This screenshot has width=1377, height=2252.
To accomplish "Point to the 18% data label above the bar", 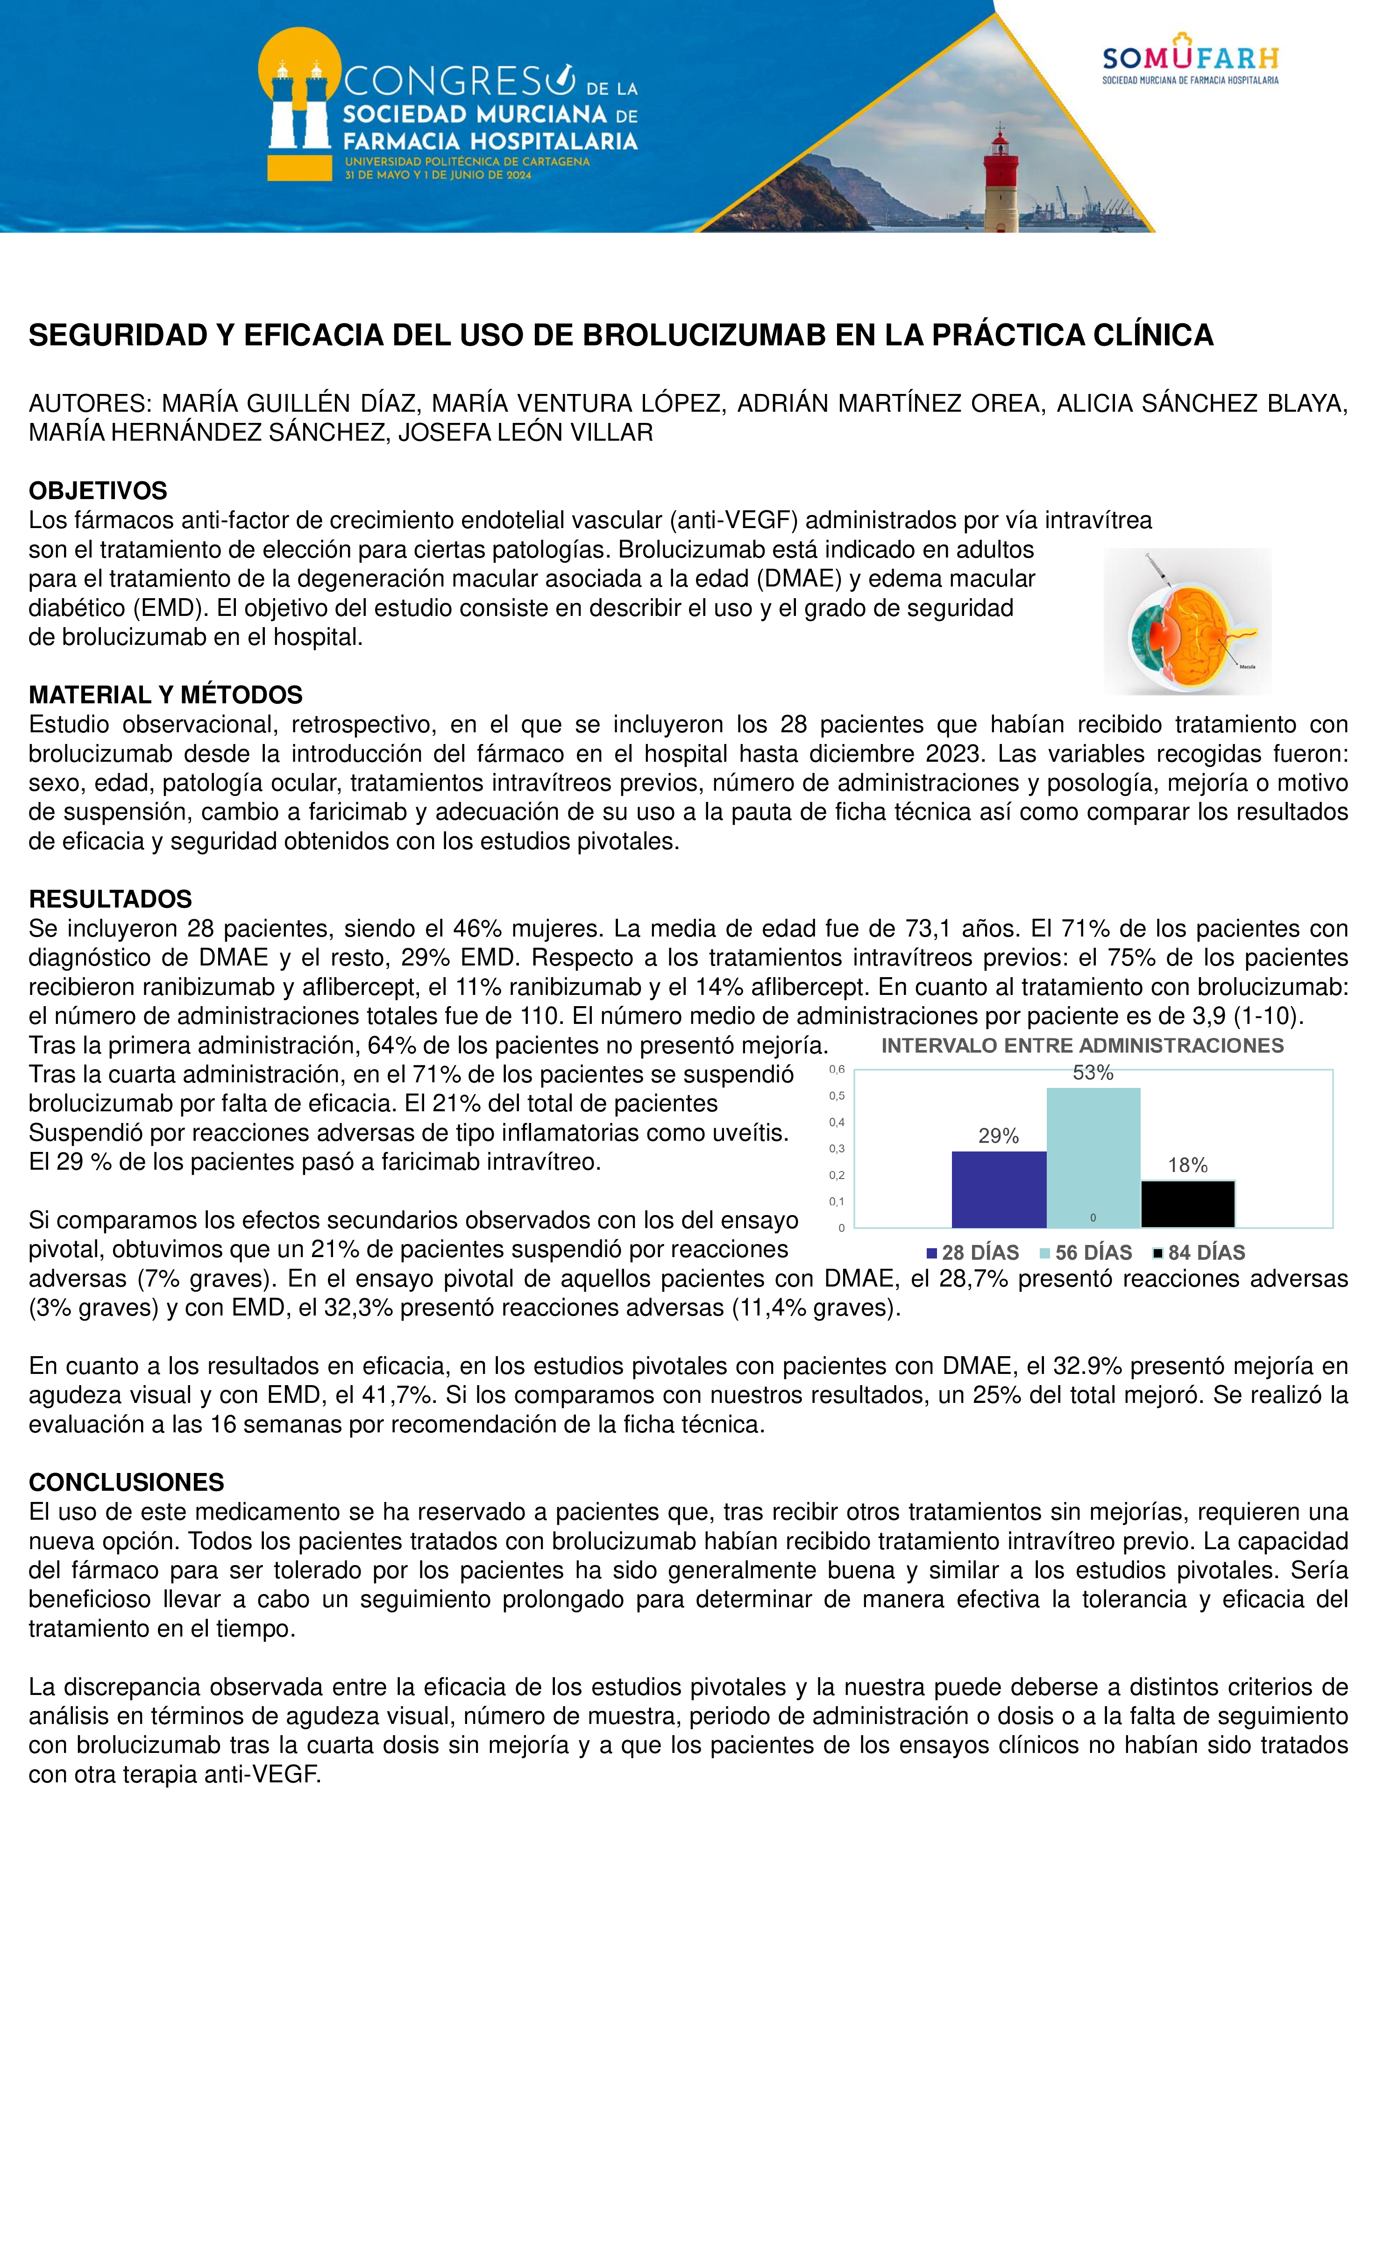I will (x=1188, y=1165).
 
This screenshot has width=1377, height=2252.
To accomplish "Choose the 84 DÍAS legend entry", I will (x=1199, y=1253).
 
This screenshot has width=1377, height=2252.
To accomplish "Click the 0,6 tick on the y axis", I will (x=836, y=1069).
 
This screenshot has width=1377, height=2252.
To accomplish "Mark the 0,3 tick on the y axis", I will (x=836, y=1149).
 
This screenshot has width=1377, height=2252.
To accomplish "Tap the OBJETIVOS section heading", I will (x=98, y=491).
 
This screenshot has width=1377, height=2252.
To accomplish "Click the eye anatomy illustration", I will (x=1187, y=622).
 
